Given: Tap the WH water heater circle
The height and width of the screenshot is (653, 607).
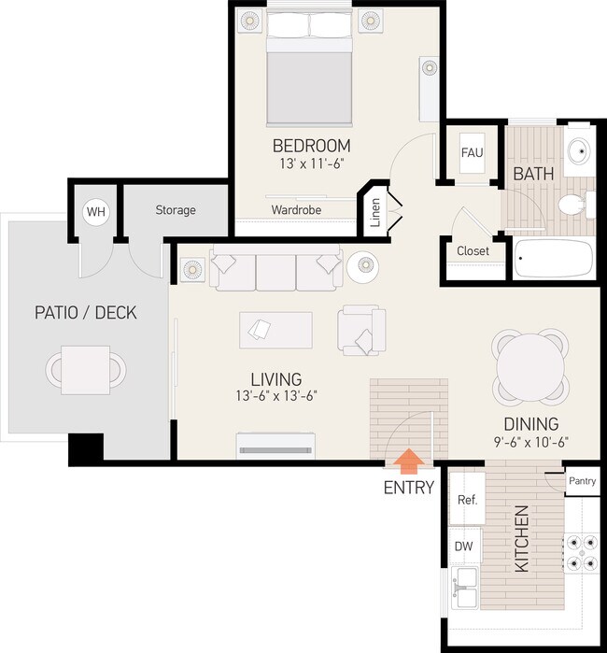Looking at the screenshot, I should pos(96,212).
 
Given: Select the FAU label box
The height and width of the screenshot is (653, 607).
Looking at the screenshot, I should pos(473,152).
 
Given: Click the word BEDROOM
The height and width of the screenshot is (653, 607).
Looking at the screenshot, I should pos(311,146).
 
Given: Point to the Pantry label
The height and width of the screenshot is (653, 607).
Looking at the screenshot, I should pos(582,481).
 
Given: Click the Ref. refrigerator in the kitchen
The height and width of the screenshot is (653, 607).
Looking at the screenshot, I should pos(467,500).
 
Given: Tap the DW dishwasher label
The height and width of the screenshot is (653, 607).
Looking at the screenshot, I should pos(463,546).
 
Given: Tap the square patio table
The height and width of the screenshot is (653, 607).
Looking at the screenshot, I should pos(87,366).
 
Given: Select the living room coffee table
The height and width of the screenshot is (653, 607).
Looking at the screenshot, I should pos(275,329).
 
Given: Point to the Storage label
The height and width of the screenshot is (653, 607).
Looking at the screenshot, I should pos(176,210).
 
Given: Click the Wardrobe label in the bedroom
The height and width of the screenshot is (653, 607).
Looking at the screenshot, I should pos(296,210).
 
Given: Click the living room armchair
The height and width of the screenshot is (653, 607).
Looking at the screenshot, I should pos(362,329).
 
